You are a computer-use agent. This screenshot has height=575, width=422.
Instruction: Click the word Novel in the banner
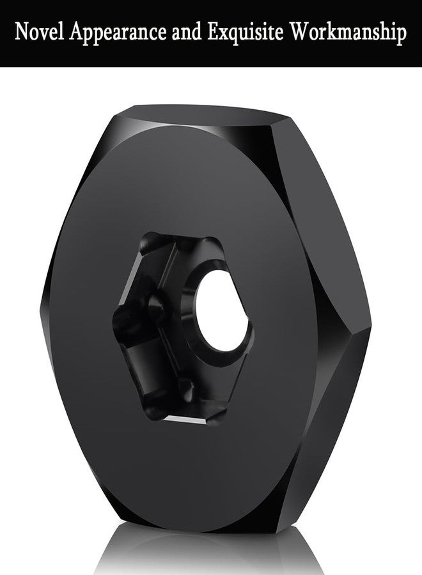[40, 33]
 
